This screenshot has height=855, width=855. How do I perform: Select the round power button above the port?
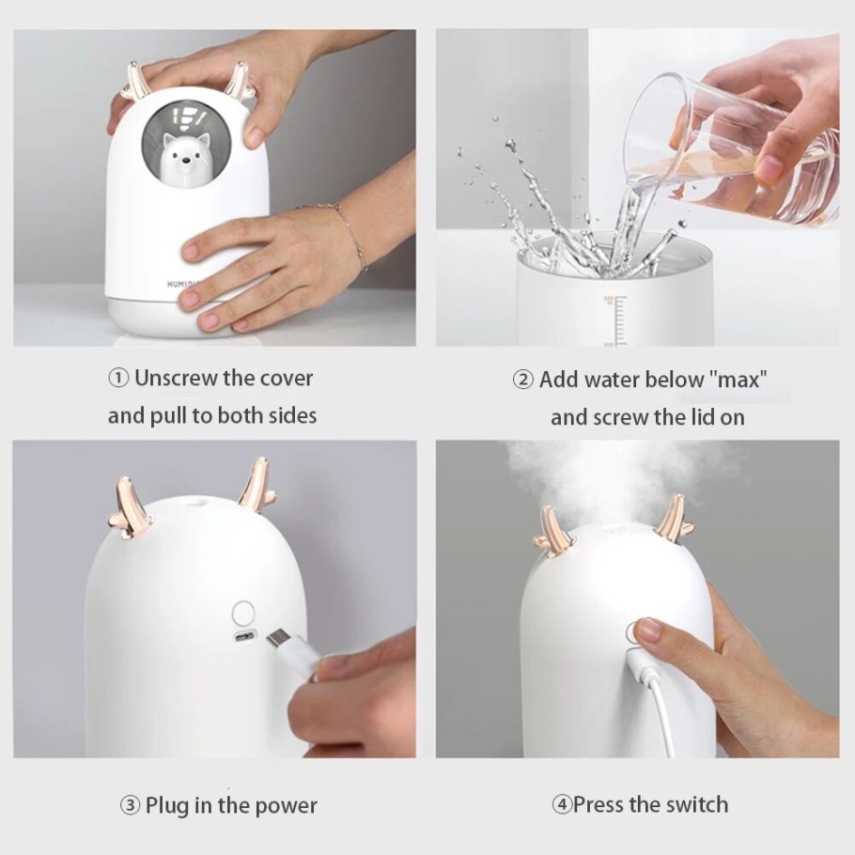click(243, 613)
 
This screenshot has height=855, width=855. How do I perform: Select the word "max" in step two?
click(738, 381)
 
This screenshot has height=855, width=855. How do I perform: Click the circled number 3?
click(130, 805)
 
